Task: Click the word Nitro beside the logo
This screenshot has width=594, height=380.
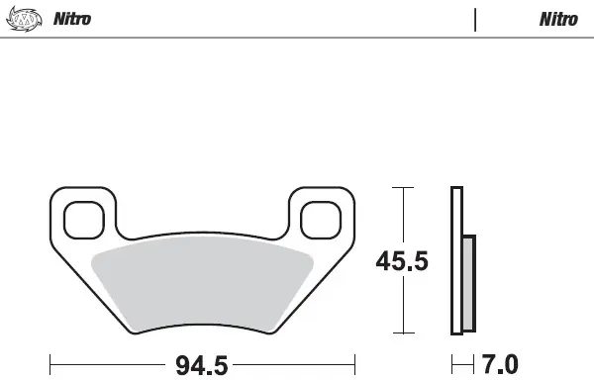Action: click(x=72, y=19)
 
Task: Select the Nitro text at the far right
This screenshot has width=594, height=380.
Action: click(x=559, y=19)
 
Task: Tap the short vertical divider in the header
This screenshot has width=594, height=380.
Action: click(x=475, y=20)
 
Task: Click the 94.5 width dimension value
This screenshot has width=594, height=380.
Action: click(x=201, y=365)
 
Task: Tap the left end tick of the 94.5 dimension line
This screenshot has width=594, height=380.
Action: click(x=49, y=362)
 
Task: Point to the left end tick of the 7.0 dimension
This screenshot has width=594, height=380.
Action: click(x=451, y=362)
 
